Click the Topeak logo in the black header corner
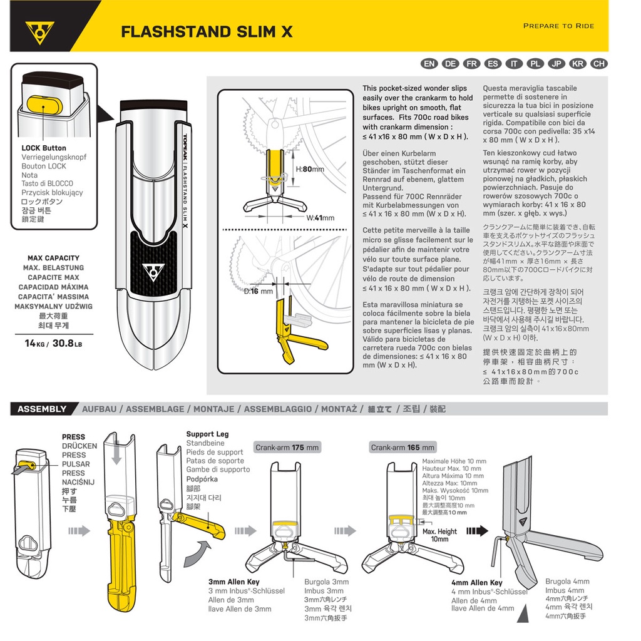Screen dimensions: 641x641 (x=39, y=33)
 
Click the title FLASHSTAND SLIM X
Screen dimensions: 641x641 (x=207, y=32)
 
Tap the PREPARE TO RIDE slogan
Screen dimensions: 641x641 (x=558, y=26)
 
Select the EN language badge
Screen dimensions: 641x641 (x=429, y=64)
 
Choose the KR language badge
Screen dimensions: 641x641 (x=578, y=64)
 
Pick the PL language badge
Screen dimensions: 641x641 (x=535, y=64)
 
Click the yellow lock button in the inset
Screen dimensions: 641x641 (x=44, y=105)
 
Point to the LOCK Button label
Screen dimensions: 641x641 (x=44, y=148)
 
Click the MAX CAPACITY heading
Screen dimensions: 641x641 (x=54, y=258)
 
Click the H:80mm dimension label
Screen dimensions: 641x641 (x=310, y=169)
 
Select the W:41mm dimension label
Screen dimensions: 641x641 (x=320, y=218)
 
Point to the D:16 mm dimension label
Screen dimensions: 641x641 (x=259, y=291)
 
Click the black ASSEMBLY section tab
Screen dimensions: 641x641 (x=43, y=409)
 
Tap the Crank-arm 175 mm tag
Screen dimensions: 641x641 (x=287, y=447)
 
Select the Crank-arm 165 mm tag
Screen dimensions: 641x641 (x=403, y=447)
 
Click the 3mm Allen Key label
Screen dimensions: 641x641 (x=234, y=582)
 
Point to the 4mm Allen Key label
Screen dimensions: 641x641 (x=476, y=583)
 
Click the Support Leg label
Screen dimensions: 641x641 (x=207, y=434)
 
